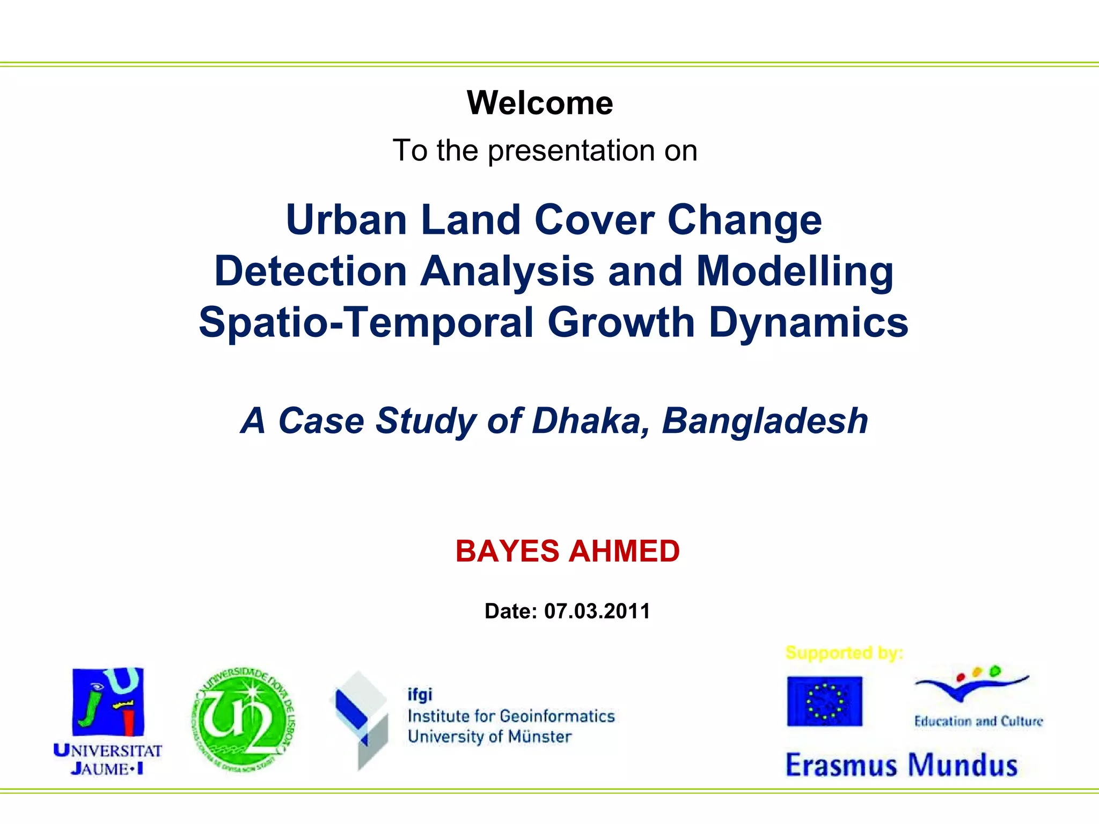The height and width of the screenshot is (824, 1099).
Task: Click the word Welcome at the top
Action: pyautogui.click(x=540, y=102)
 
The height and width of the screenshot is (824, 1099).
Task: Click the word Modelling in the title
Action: pyautogui.click(x=795, y=271)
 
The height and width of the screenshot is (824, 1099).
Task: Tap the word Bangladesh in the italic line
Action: pyautogui.click(x=765, y=421)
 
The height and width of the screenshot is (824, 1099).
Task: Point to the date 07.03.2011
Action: pyautogui.click(x=597, y=611)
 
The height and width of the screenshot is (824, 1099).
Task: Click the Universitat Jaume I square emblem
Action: pyautogui.click(x=108, y=702)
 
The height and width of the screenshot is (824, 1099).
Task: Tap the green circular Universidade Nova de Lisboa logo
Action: pyautogui.click(x=244, y=720)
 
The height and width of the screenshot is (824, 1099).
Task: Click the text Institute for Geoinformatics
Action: pyautogui.click(x=511, y=716)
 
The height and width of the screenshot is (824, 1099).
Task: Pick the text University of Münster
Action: pyautogui.click(x=489, y=737)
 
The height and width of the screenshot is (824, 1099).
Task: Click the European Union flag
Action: pyautogui.click(x=824, y=701)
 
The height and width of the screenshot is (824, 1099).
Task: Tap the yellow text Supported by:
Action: pyautogui.click(x=844, y=653)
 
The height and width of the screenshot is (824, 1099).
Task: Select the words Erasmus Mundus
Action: pyautogui.click(x=902, y=765)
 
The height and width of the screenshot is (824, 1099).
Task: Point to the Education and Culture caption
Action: pyautogui.click(x=978, y=722)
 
